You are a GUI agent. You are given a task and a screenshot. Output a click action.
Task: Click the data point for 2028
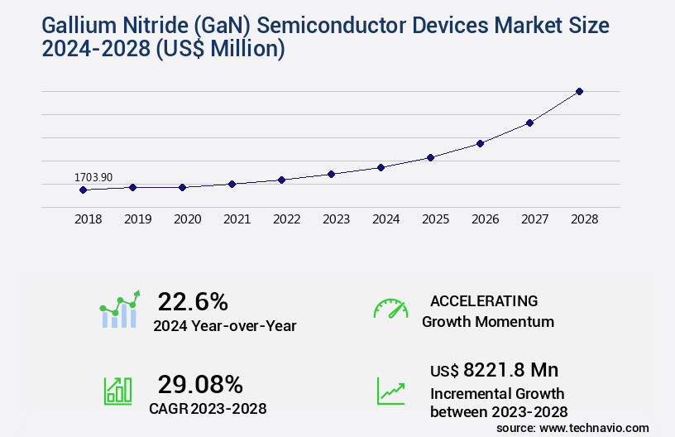point(579,91)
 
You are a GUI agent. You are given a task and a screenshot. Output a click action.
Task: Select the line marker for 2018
point(83,190)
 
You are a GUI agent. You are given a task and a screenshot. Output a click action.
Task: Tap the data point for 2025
point(430,157)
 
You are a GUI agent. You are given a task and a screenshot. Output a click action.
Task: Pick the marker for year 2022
point(281,180)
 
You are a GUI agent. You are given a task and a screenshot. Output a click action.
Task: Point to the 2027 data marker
point(529,122)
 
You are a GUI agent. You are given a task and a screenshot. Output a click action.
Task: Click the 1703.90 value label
point(93,177)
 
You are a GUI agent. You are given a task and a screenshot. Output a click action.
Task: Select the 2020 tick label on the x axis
point(188,219)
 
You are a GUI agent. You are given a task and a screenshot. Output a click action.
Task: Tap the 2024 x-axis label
point(386,219)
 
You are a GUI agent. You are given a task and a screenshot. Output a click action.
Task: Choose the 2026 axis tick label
point(486,219)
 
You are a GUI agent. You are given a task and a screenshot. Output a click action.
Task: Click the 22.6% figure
point(193,301)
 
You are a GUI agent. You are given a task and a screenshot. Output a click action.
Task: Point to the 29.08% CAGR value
point(200,384)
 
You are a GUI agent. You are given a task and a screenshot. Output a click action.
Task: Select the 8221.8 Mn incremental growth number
point(511,370)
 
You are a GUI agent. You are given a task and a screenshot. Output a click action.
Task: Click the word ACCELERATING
point(484,300)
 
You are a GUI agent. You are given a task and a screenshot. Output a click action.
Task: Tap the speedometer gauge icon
point(390,309)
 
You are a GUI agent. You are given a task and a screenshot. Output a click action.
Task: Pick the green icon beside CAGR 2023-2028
point(117,391)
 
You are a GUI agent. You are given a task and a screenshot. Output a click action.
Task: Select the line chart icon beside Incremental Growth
point(390,391)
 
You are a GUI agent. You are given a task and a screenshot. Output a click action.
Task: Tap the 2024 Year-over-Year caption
point(224,326)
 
